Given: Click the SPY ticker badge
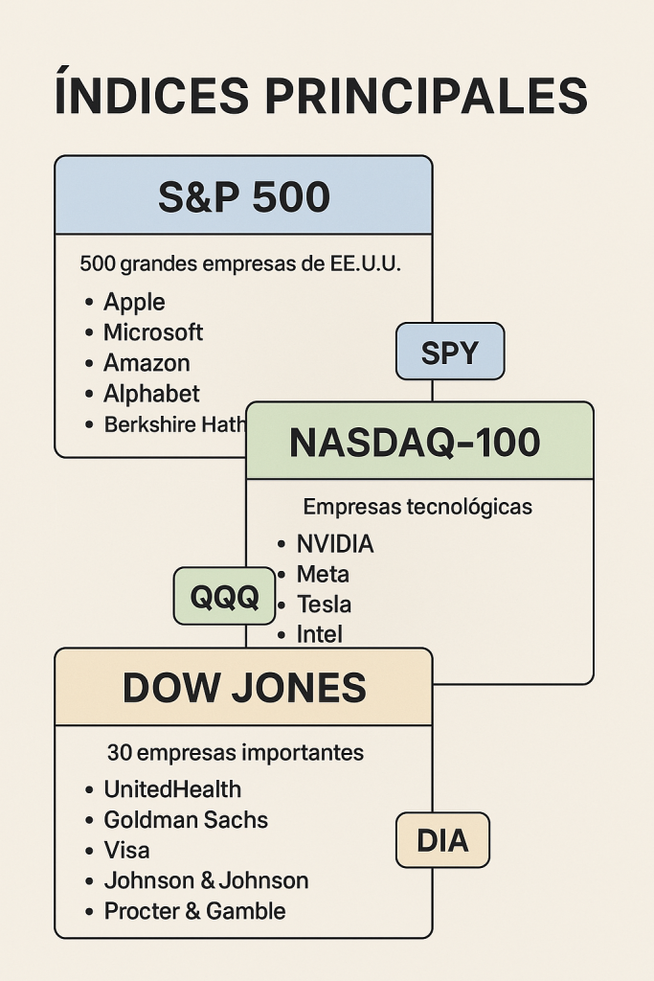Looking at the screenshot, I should (450, 353).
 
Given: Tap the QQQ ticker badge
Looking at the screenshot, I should (224, 597).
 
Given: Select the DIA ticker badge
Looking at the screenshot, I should (442, 841).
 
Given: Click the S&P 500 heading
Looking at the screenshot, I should (243, 197).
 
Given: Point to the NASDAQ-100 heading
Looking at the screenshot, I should (415, 443).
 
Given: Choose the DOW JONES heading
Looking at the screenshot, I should (244, 688).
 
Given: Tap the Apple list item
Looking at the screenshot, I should (134, 302).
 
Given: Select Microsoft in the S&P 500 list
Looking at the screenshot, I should (153, 332).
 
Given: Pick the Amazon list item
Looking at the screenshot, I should (147, 363).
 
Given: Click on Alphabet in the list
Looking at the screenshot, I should (151, 394).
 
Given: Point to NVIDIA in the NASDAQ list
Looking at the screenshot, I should (335, 544).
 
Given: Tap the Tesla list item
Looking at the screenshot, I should (324, 605).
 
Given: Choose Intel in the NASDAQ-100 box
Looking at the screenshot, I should (320, 634).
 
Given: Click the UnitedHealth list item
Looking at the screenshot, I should (172, 789).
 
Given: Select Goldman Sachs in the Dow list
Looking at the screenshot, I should (186, 820).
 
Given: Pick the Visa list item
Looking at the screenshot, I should (126, 851).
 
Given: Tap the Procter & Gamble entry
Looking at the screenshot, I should (194, 911).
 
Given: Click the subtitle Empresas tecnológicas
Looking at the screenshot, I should (417, 507).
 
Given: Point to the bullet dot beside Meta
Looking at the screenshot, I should (281, 575).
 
